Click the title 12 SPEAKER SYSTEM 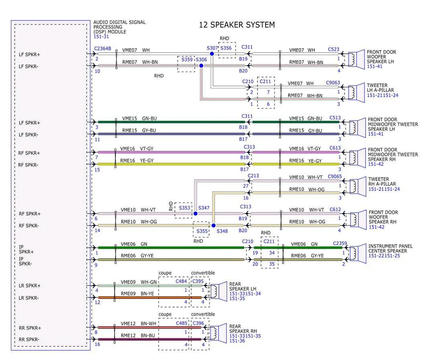coord(237,25)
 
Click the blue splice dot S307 coord(212,54)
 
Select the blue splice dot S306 coord(201,65)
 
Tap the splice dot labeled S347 coord(195,214)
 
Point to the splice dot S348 coord(213,226)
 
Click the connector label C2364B coord(103,49)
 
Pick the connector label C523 coord(333,49)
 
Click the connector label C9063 coord(333,83)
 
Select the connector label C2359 coord(340,243)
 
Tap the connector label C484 coord(181,281)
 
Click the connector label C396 coord(198,323)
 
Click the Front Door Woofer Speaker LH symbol coord(356,59)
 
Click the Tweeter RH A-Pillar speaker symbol coord(358,187)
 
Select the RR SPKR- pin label coord(29,340)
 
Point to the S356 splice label coord(226,48)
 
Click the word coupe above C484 coord(165,273)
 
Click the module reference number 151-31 coord(101,37)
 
